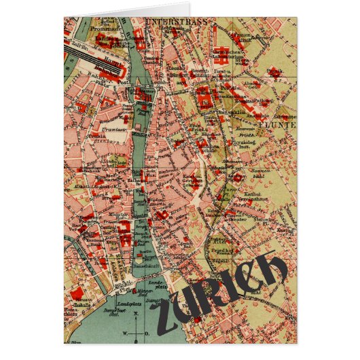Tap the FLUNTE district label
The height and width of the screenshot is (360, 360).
(281, 124)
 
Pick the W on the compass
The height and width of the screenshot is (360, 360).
(127, 334)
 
